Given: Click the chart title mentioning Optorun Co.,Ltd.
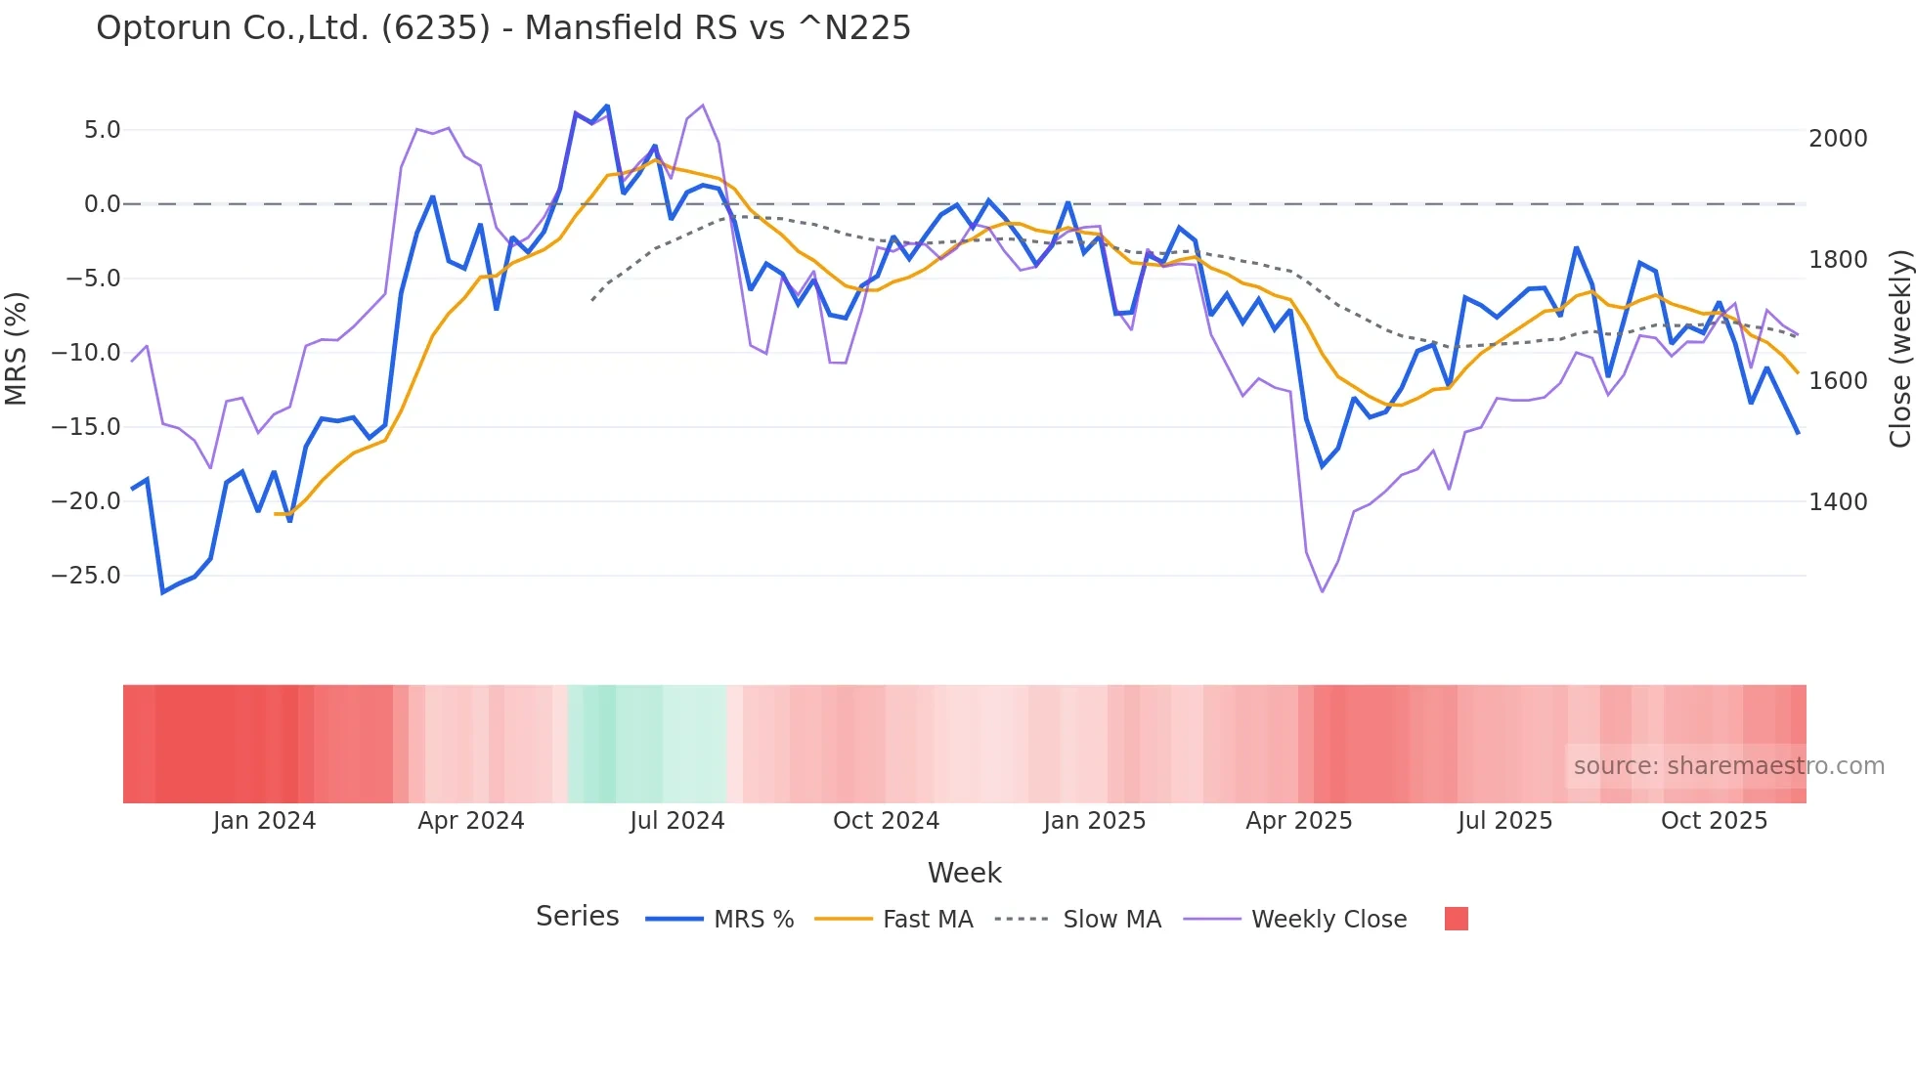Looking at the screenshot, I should (502, 28).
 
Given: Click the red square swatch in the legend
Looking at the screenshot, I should (1456, 919).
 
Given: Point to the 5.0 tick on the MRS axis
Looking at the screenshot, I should (102, 130).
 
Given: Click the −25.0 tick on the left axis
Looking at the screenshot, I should (86, 576).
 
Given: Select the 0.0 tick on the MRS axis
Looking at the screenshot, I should (102, 204).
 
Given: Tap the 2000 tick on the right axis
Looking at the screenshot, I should (1838, 139).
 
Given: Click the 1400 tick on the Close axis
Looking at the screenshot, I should (1838, 502).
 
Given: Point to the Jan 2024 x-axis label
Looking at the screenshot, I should (264, 821).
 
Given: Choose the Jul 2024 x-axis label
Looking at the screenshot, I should (676, 821).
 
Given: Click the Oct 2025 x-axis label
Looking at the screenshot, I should (1714, 821).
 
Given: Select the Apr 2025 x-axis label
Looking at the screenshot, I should (1298, 821).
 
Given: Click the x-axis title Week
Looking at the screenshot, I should (964, 873).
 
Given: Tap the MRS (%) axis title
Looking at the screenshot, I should (17, 348).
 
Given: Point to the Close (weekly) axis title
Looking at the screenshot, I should (1899, 348).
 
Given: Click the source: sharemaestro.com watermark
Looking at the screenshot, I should (1728, 766).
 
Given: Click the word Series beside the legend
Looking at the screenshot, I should (577, 917).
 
